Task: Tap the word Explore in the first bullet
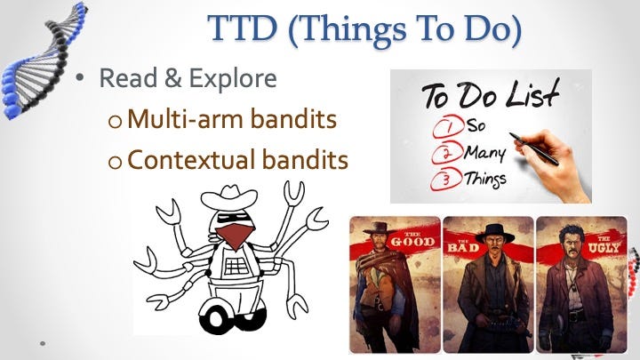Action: [x=233, y=79]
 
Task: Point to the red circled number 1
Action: [x=448, y=128]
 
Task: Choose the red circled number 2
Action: [x=447, y=154]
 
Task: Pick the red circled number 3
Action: [x=446, y=180]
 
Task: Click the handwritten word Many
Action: [x=485, y=154]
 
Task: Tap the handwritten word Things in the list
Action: [x=485, y=180]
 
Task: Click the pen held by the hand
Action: [x=534, y=148]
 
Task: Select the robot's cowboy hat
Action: [x=229, y=197]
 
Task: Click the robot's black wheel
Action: [x=216, y=319]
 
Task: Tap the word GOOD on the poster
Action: [x=412, y=241]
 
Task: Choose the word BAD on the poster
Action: [x=463, y=247]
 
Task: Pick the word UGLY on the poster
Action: [x=604, y=246]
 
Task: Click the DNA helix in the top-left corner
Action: [x=43, y=61]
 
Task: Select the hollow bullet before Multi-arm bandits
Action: [x=115, y=122]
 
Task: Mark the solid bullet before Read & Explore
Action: [x=80, y=78]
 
